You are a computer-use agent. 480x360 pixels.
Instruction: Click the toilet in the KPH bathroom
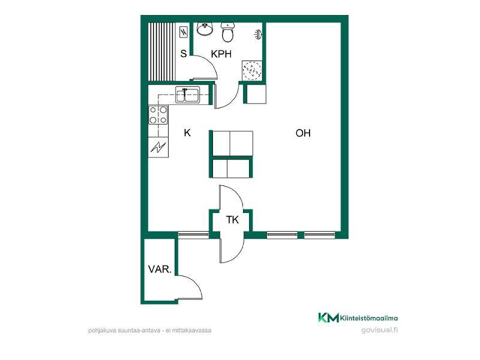tap(227, 32)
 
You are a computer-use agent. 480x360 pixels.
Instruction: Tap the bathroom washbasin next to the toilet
tap(205, 28)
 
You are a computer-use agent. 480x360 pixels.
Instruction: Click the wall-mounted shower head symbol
tap(259, 34)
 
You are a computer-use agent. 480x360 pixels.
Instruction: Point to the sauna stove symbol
tap(184, 32)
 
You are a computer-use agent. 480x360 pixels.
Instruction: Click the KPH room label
tap(221, 54)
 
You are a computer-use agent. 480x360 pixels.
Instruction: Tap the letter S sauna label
tap(184, 54)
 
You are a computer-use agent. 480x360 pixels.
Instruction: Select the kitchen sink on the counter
tap(187, 95)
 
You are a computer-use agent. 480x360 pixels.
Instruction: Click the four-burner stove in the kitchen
tap(158, 115)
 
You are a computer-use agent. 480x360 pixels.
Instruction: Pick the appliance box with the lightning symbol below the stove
tap(158, 148)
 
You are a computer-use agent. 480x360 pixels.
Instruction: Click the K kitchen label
tap(187, 133)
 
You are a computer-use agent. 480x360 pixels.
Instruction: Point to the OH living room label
tap(303, 133)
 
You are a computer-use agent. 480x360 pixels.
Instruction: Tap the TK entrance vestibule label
tap(232, 220)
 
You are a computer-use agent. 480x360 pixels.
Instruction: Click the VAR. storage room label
tap(160, 269)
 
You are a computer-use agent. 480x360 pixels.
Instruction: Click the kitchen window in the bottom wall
tap(193, 235)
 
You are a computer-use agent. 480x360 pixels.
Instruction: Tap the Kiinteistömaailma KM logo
tap(358, 318)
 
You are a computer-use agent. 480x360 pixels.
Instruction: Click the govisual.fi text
tap(380, 330)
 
